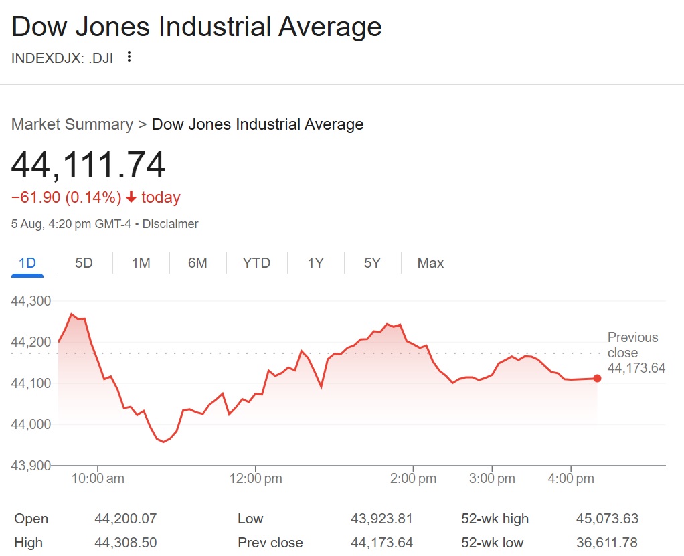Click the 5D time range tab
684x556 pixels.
click(x=84, y=263)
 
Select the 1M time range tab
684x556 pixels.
click(x=141, y=263)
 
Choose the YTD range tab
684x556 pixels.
click(x=256, y=263)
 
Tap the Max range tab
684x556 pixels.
click(x=430, y=263)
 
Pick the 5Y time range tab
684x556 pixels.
click(x=372, y=263)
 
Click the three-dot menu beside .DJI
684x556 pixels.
click(x=129, y=57)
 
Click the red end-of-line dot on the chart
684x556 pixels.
click(x=597, y=378)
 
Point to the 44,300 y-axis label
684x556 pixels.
click(x=31, y=301)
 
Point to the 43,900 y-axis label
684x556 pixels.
click(x=31, y=465)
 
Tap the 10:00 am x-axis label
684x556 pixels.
click(x=98, y=479)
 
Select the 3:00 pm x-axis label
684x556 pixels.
click(x=493, y=479)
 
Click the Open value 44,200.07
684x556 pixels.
click(x=126, y=519)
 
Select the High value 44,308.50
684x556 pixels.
click(x=126, y=543)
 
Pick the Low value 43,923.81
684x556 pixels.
click(x=381, y=519)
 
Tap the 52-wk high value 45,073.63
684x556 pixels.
click(x=607, y=519)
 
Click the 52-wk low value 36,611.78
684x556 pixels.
click(x=607, y=543)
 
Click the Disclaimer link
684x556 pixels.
click(x=171, y=224)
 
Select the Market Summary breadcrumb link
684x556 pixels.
click(x=72, y=124)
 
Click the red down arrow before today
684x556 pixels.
click(x=131, y=197)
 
